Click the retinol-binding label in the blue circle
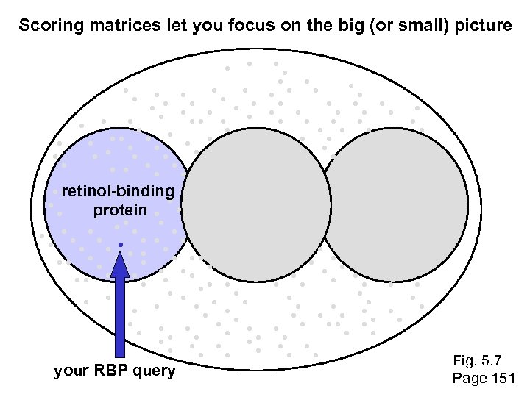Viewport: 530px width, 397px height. [x=118, y=192]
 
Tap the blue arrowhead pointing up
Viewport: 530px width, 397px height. [x=120, y=264]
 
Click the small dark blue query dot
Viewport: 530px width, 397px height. [x=120, y=243]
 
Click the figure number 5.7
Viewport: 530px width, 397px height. [x=492, y=361]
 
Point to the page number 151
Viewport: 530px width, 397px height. [x=501, y=379]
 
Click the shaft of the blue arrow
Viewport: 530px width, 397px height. [x=120, y=316]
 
